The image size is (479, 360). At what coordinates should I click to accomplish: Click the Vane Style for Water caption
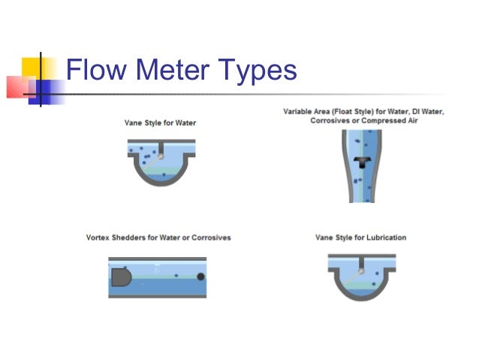[161, 123]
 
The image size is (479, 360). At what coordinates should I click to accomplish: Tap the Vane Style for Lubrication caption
[360, 237]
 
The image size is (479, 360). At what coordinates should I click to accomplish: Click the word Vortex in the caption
[101, 237]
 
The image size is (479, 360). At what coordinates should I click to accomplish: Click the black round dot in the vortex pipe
[200, 277]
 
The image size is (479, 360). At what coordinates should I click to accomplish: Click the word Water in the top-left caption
[184, 123]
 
